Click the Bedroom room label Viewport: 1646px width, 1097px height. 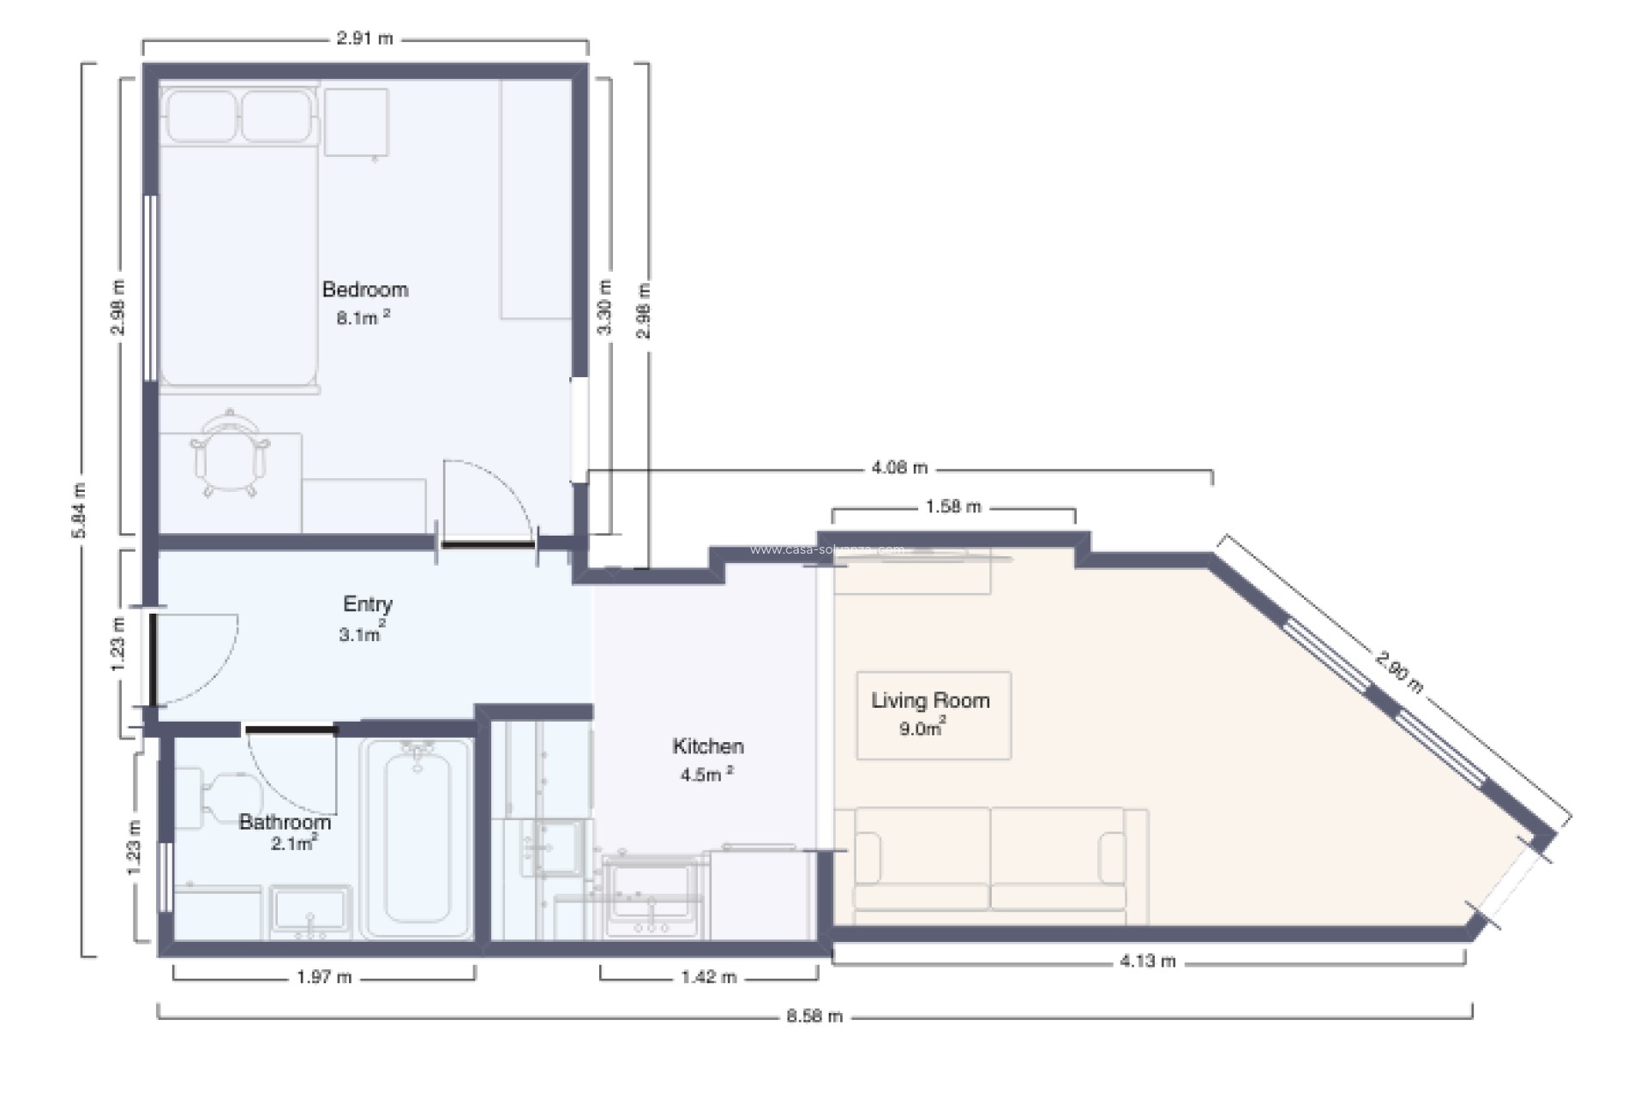pyautogui.click(x=364, y=290)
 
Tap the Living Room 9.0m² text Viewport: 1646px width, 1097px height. pyautogui.click(x=930, y=713)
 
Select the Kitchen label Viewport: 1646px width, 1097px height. pyautogui.click(x=707, y=746)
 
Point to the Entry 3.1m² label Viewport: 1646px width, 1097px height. pyautogui.click(x=367, y=618)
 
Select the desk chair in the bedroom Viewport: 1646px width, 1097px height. pyautogui.click(x=229, y=454)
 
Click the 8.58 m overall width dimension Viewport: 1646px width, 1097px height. pyautogui.click(x=814, y=1016)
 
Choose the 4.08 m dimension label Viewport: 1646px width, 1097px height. pyautogui.click(x=899, y=468)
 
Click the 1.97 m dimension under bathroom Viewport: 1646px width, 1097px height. pyautogui.click(x=324, y=977)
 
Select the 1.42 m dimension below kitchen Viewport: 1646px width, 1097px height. pyautogui.click(x=708, y=977)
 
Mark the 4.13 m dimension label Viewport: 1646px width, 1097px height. pyautogui.click(x=1147, y=962)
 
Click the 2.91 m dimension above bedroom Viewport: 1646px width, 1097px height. pyautogui.click(x=364, y=39)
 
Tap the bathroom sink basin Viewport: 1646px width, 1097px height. pyautogui.click(x=310, y=910)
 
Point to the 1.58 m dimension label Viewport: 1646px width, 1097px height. pyautogui.click(x=952, y=507)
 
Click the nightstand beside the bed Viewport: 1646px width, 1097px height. pyautogui.click(x=356, y=123)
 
